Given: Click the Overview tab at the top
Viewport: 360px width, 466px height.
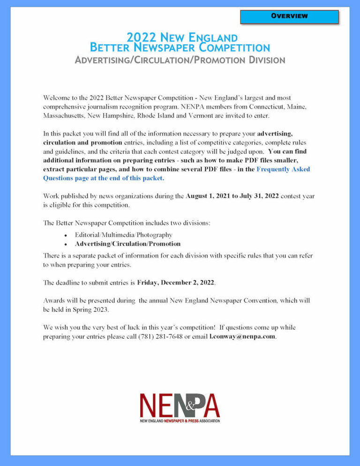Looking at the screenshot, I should pos(289,16).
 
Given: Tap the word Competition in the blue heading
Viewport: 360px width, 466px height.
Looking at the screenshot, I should pos(233,48).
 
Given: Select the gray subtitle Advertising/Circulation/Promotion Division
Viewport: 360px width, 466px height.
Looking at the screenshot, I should pos(180,60).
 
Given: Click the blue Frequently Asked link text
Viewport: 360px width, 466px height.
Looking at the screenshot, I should pos(283,169).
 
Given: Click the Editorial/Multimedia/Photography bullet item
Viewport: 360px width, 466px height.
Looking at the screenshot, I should pos(123,234).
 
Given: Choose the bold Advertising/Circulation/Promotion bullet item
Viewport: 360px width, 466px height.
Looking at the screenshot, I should pos(127,244).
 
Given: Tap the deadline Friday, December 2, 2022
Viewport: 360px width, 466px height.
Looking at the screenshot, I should pos(176,283).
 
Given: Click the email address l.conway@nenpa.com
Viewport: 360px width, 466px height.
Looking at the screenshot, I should pos(242,336).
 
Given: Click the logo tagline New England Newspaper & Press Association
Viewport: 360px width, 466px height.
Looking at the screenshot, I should pos(180,421).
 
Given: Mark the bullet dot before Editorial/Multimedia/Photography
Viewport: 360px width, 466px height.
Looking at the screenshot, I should pos(66,235).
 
